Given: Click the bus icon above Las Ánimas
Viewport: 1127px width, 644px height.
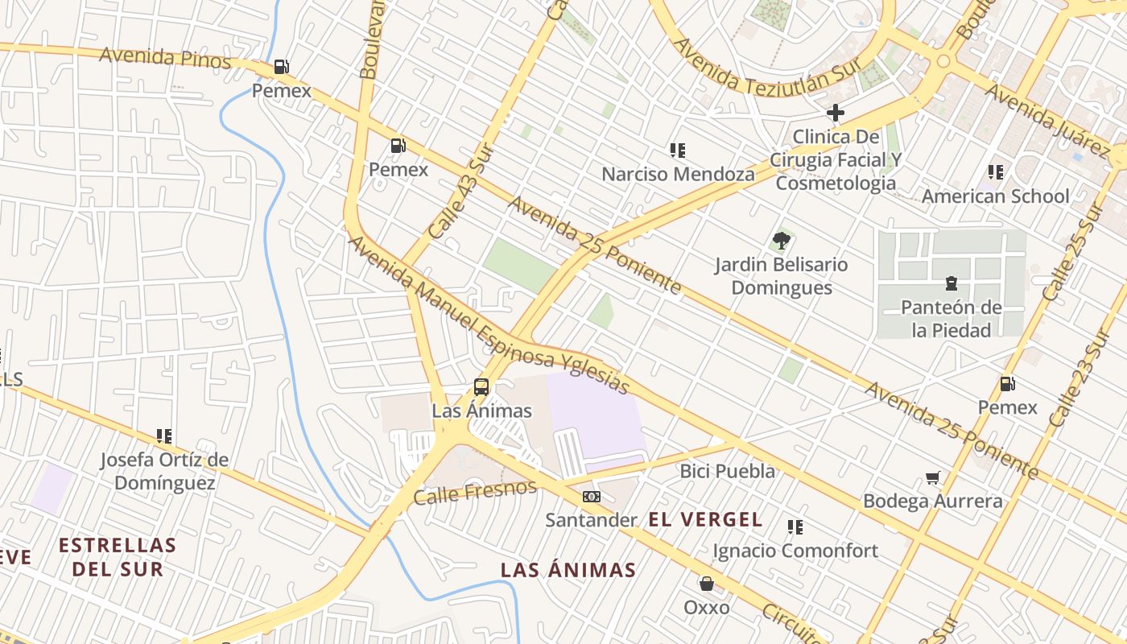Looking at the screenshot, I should coord(481,387).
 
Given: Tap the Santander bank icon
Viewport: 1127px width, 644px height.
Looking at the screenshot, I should coord(592,497).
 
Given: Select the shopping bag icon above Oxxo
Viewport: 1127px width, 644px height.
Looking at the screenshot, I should coord(707,583).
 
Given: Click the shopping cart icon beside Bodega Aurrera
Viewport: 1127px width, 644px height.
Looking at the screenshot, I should coord(933,478).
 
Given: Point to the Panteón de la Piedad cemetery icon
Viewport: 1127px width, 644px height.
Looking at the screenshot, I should coord(952,283).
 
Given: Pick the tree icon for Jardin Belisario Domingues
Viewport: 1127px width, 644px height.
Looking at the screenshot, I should coord(781,240).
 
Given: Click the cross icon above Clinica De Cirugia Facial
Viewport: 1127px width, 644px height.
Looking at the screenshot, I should coord(836,113).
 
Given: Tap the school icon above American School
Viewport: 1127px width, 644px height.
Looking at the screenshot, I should coord(996,172).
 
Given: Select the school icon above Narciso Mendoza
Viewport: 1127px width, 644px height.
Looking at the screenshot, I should coord(678,151).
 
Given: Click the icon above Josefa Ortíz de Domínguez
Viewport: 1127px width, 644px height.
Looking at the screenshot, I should coord(164,436).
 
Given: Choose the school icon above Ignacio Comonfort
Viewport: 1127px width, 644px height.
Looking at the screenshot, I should coord(795,527).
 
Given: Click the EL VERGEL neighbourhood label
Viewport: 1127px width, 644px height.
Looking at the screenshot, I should coord(705,520).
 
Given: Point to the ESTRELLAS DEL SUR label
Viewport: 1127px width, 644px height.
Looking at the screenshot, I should coord(118,556).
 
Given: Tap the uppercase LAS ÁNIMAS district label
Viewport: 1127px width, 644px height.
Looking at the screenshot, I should coord(568,571).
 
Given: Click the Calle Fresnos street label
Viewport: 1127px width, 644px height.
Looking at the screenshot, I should coord(474,492).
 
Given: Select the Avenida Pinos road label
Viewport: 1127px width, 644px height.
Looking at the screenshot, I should coord(165,59).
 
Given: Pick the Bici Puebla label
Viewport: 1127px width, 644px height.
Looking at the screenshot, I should coord(728,471).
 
